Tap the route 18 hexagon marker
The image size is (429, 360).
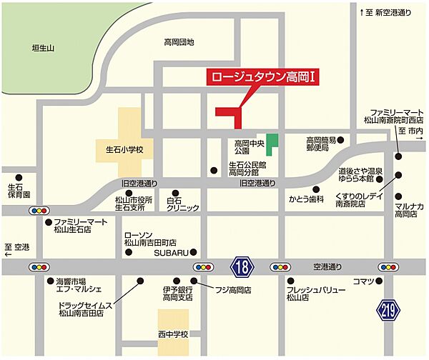pos(242,267)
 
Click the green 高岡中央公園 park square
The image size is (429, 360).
pos(272,142)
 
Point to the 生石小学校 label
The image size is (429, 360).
pos(120,150)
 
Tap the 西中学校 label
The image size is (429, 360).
pos(174,334)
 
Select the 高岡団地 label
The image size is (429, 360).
pos(179,42)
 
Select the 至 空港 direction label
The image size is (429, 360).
pos(16,246)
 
